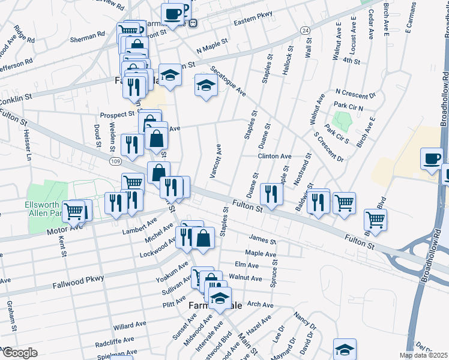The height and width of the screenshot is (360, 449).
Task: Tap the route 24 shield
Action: [x=306, y=30]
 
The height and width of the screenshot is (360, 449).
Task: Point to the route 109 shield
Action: [x=115, y=161]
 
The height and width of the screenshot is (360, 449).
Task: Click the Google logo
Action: [x=19, y=353]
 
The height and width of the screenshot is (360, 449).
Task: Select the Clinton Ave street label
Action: [x=274, y=156]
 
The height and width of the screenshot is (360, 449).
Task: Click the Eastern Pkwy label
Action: [x=253, y=19]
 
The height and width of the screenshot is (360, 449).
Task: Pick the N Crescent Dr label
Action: [x=355, y=94]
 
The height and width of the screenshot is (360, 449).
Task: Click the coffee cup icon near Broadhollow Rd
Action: [x=432, y=159]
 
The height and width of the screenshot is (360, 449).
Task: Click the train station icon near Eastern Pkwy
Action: [x=193, y=23]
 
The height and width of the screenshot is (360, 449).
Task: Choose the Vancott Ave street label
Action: [x=214, y=161]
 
